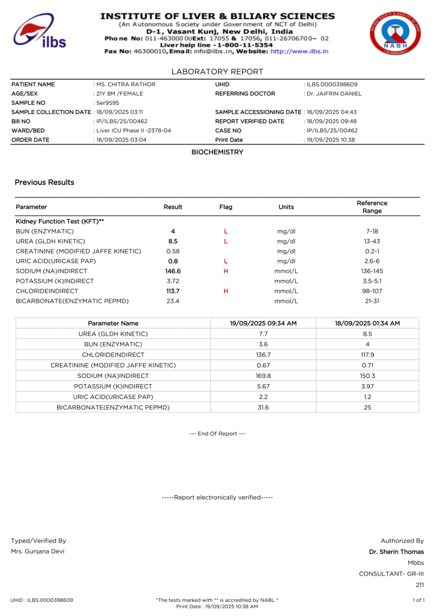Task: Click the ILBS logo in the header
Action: coord(40,32)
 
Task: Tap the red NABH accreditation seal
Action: coord(395,33)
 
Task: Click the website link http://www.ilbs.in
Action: coord(299,51)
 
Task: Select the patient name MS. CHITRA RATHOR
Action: coord(126,84)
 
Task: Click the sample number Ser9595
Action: coord(108,103)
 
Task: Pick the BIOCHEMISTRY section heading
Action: coord(217,152)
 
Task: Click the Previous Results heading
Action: coord(44,182)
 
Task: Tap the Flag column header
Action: coord(226,207)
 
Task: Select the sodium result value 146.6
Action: coord(173,271)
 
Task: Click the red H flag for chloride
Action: coord(226,291)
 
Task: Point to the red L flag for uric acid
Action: coord(226,261)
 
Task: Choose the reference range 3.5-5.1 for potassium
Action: coord(372,281)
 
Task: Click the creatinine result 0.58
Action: coord(173,251)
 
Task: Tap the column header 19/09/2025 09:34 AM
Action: coord(263,323)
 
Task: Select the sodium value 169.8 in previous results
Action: coord(263,376)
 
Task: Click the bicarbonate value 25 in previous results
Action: coord(367,407)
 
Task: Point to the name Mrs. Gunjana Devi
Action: coord(38,551)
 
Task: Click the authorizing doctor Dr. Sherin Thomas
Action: coord(396,552)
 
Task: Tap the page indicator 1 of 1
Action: coord(418,600)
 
